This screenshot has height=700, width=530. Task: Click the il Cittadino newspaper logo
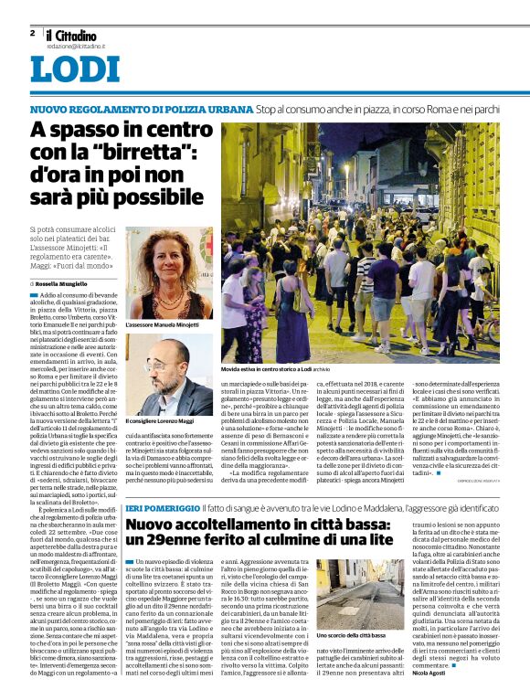click(x=70, y=36)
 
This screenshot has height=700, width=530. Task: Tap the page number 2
click(x=32, y=34)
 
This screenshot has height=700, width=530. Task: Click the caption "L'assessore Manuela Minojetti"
click(x=162, y=324)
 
